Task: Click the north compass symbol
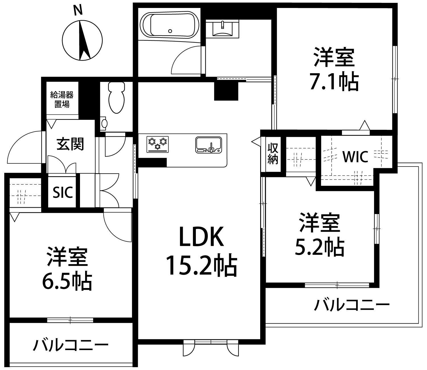click(x=82, y=40)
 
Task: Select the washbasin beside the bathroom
click(x=222, y=28)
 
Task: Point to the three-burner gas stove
click(x=157, y=144)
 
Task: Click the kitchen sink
click(x=209, y=145)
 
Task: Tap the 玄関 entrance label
click(x=70, y=143)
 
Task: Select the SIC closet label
click(x=63, y=193)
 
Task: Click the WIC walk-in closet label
click(x=355, y=157)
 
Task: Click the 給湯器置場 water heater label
click(x=62, y=99)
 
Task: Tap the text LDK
click(x=201, y=237)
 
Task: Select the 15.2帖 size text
click(x=201, y=265)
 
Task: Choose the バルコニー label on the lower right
click(x=351, y=305)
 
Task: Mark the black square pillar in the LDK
click(x=226, y=91)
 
